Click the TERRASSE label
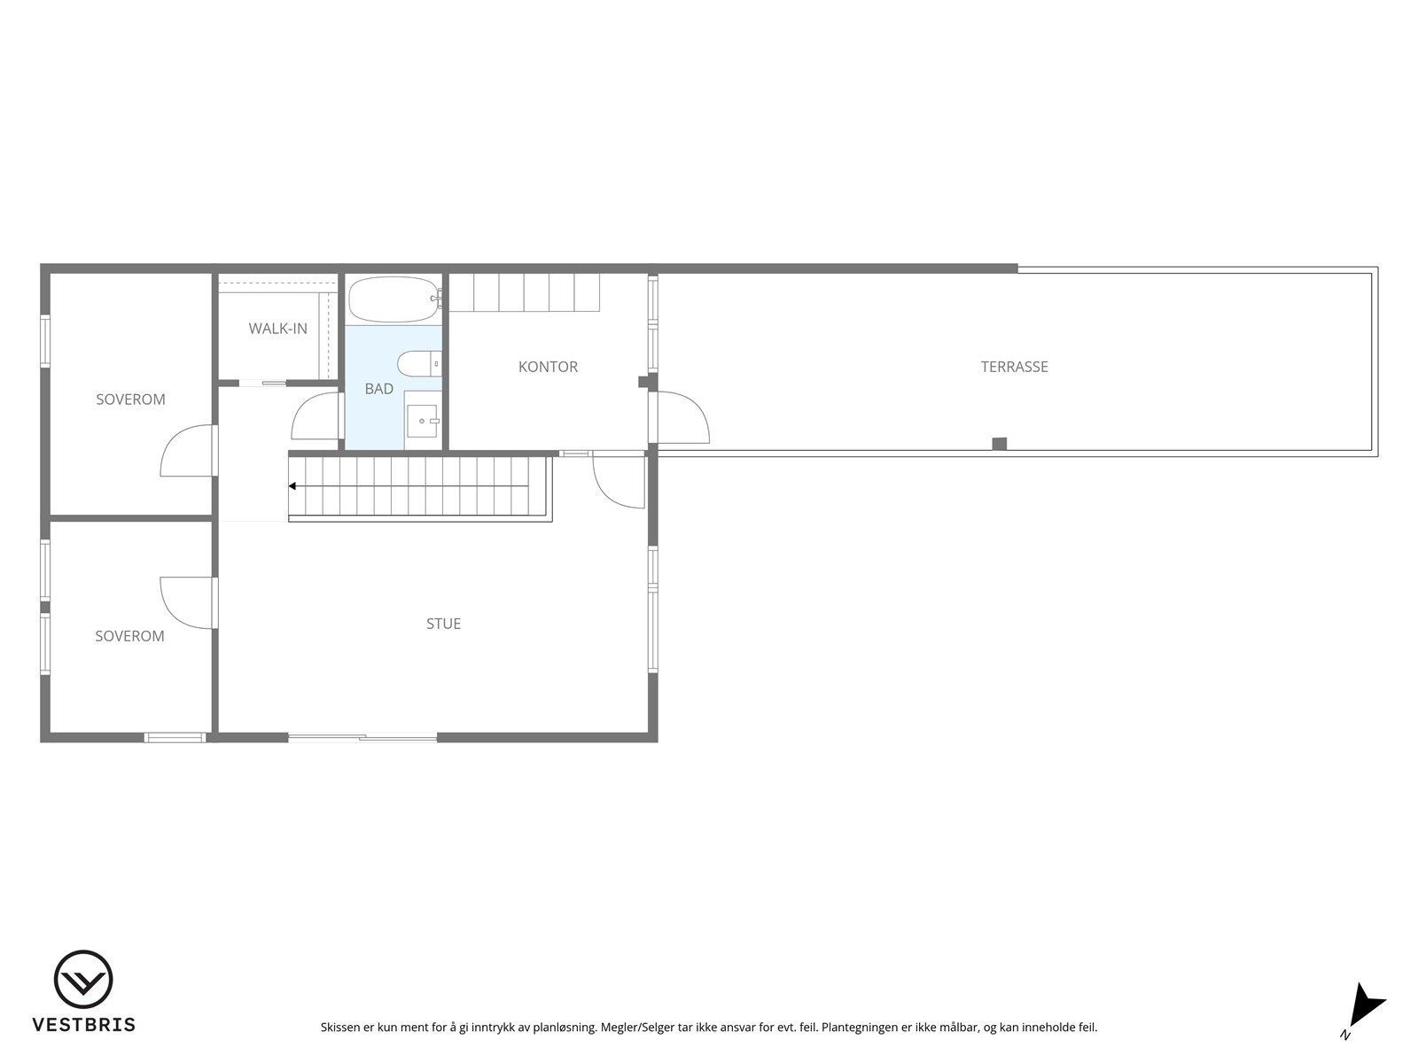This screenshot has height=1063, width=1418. [x=1014, y=367]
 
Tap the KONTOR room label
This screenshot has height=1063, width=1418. [x=548, y=367]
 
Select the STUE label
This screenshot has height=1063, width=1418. [x=443, y=624]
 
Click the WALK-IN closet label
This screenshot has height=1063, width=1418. [x=277, y=329]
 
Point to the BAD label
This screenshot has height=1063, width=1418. [x=378, y=389]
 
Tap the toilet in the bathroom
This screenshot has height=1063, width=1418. [x=417, y=364]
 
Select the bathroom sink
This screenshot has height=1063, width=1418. [x=422, y=420]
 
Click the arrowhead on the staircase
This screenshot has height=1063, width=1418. [x=292, y=485]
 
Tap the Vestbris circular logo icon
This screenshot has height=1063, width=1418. [x=83, y=980]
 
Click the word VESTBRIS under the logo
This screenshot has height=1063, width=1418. [x=83, y=1025]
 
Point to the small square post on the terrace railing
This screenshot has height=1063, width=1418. [x=999, y=444]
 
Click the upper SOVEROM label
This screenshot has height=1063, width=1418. [x=130, y=400]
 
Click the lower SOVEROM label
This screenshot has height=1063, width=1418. [x=129, y=636]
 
